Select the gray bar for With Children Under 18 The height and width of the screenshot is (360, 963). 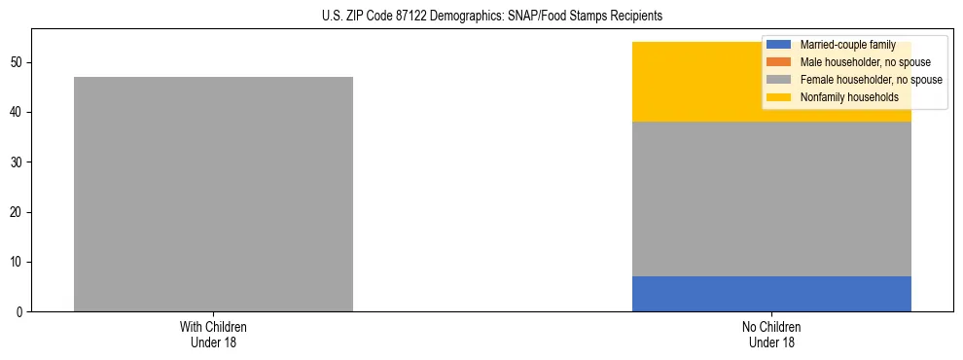[x=213, y=194]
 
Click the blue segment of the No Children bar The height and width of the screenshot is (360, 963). [x=771, y=294]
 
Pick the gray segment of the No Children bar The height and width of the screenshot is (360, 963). [x=771, y=198]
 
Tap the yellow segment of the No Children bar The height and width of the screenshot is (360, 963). [x=700, y=82]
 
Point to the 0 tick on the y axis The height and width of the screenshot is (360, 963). [x=22, y=312]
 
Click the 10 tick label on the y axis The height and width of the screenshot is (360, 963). [x=19, y=263]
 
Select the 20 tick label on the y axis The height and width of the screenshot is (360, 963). [x=19, y=212]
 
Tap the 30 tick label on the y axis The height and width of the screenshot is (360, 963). [x=19, y=162]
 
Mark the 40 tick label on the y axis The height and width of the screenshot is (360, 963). [x=19, y=113]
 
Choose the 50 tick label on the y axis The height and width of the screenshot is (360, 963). [x=19, y=63]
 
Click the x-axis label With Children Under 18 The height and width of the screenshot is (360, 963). [x=213, y=335]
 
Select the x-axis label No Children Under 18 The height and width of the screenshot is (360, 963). [x=771, y=335]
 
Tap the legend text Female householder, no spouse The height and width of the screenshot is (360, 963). [x=871, y=80]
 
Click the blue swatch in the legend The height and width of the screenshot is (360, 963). [x=779, y=45]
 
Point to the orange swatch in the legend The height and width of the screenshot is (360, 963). [x=779, y=62]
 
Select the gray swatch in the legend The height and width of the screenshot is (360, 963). [x=779, y=80]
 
